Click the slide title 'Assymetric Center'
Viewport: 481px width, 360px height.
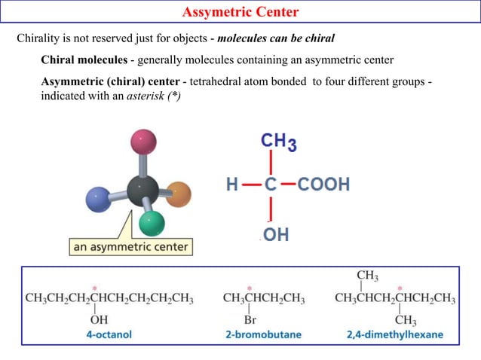point(240,11)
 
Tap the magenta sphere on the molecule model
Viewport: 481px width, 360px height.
point(142,141)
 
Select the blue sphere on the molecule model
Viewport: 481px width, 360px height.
point(99,200)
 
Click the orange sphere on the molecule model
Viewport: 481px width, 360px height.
point(179,194)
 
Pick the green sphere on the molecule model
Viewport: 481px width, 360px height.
point(152,223)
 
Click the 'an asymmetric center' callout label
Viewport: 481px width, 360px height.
point(131,246)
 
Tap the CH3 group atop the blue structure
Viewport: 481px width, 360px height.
point(278,142)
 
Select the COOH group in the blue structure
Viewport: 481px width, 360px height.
point(323,184)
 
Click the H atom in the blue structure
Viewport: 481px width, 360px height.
point(234,184)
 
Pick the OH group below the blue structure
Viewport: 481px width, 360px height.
point(276,235)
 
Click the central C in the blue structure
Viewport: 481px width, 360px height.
point(270,184)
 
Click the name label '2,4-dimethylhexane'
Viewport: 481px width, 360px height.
point(394,334)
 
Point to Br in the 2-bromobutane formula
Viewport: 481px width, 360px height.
point(250,320)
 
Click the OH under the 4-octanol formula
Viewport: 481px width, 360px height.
point(99,320)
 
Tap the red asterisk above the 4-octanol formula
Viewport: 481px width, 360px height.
point(94,288)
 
